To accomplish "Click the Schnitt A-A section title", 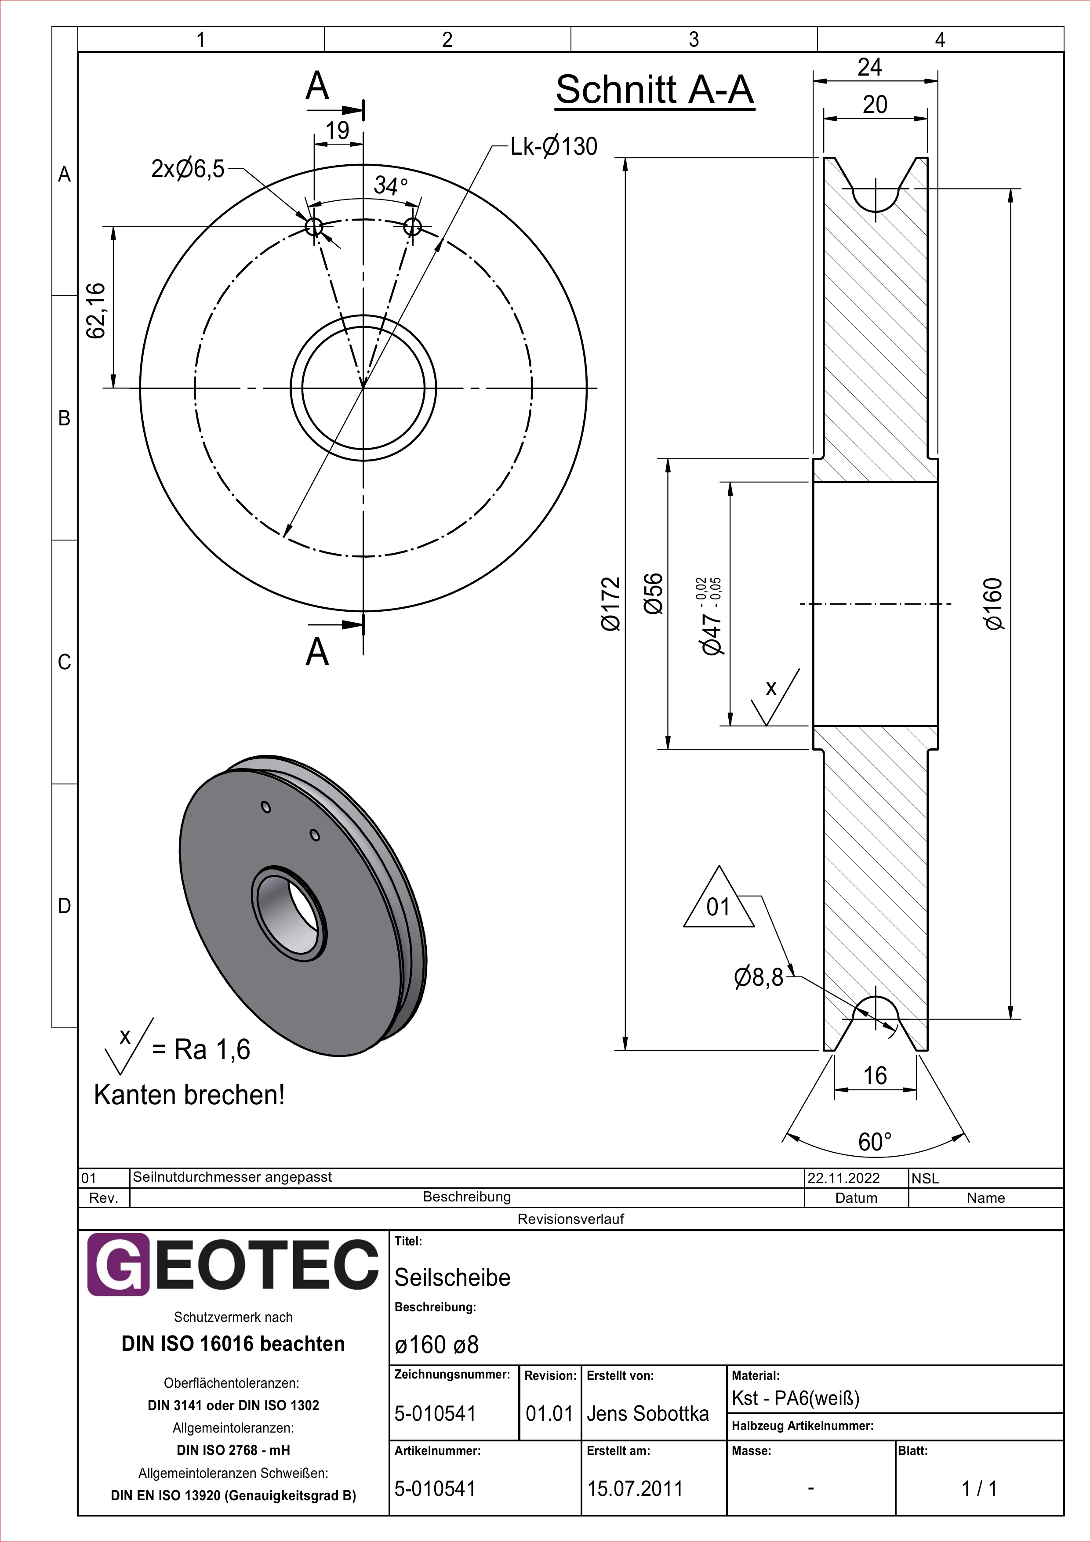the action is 655,90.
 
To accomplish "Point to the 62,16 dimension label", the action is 95,310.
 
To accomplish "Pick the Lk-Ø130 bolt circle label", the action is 553,146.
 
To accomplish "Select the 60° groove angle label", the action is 875,1142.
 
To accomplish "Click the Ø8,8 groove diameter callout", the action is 759,977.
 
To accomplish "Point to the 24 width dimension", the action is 870,67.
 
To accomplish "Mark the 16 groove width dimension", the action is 875,1075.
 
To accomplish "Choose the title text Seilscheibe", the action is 452,1277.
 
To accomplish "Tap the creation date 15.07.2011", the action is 635,1489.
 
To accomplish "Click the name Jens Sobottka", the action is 647,1414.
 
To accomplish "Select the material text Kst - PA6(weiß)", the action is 795,1398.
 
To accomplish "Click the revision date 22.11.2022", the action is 843,1178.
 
